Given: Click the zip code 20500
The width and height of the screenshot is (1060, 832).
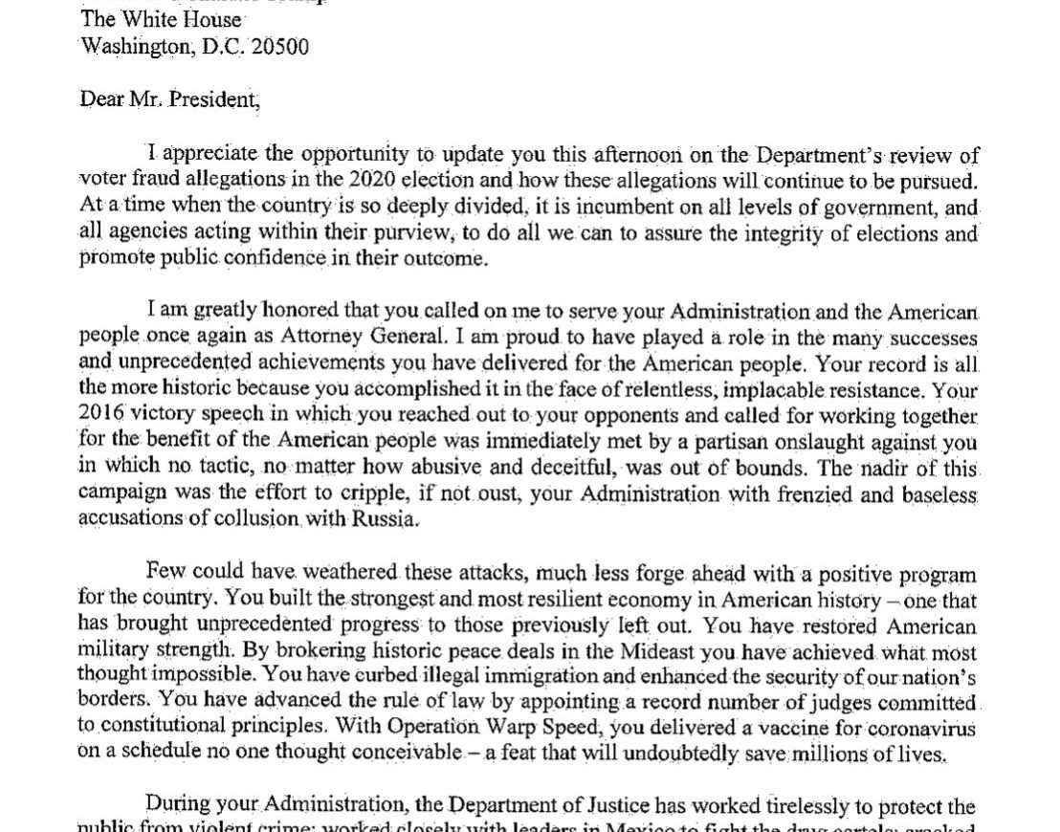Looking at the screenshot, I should click(278, 46).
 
